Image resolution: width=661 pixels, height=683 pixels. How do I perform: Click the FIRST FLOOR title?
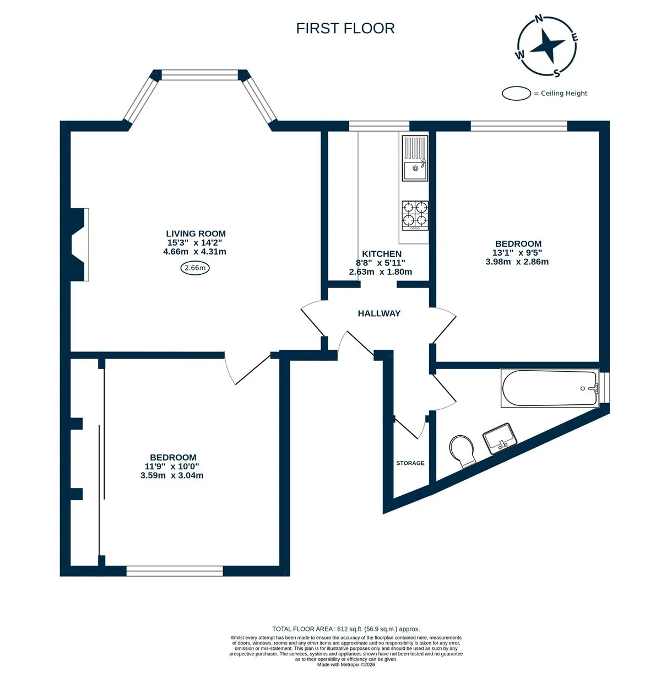tap(345, 29)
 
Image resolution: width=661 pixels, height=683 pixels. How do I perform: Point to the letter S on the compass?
tap(556, 73)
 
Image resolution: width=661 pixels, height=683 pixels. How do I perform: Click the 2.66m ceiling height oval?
tap(195, 268)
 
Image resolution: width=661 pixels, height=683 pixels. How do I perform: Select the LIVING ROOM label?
tap(196, 234)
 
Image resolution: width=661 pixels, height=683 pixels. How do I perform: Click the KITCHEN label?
tap(382, 254)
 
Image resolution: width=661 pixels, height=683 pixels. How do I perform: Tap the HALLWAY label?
tap(379, 313)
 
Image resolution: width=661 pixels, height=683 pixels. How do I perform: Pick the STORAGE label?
tap(410, 463)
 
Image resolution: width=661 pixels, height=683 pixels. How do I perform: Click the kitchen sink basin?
tap(415, 171)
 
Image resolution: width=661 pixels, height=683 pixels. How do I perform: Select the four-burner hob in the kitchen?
tap(415, 215)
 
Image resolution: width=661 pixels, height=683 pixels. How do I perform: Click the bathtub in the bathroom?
tap(550, 388)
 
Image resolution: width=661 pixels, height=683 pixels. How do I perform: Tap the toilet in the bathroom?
tap(462, 451)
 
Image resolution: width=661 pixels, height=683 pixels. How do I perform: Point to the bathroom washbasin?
tap(500, 439)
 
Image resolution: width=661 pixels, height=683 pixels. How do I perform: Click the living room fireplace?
tap(80, 244)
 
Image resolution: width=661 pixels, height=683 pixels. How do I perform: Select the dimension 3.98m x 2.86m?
tap(517, 262)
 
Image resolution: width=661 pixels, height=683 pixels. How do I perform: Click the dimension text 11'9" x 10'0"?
tap(172, 467)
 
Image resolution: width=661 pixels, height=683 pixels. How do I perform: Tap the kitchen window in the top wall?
tap(379, 126)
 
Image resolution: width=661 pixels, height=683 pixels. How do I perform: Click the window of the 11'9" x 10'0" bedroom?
tap(175, 571)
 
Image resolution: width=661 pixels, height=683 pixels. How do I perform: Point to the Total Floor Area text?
tap(346, 629)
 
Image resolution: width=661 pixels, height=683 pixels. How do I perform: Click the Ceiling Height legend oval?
tap(516, 93)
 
